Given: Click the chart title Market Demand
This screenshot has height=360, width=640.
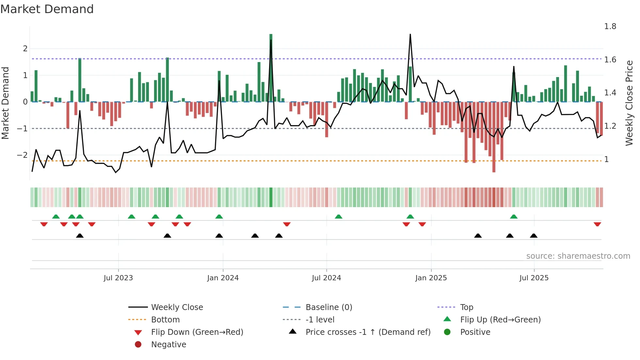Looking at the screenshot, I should click(47, 9).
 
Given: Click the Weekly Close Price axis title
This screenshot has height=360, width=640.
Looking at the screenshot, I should click(629, 103).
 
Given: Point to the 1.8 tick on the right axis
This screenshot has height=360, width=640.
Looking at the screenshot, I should click(610, 26).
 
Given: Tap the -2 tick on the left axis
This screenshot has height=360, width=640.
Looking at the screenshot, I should click(22, 155).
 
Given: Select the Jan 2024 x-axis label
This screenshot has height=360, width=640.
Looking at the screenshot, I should click(223, 278).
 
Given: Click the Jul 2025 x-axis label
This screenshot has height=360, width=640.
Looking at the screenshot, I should click(534, 278).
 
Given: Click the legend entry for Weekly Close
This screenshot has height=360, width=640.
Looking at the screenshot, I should click(177, 307).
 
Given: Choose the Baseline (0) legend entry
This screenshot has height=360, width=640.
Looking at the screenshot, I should click(328, 307).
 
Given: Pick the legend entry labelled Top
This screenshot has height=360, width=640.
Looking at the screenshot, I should click(467, 307).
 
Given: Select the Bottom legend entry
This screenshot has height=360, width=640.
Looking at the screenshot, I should click(165, 320).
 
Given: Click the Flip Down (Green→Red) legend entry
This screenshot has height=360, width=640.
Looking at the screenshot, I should click(197, 332).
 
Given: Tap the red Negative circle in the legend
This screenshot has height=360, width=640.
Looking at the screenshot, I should click(138, 345).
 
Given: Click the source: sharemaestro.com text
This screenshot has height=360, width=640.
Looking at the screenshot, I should click(578, 256).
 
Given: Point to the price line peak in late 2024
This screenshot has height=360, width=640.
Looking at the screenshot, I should click(410, 35).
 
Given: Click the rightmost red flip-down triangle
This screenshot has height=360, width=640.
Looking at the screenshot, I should click(597, 224).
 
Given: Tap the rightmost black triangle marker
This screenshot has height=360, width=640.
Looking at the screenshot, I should click(534, 236).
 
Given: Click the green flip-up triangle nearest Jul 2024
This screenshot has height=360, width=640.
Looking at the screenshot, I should click(339, 217).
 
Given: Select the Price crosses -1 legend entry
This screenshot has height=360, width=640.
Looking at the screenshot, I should click(368, 332).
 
